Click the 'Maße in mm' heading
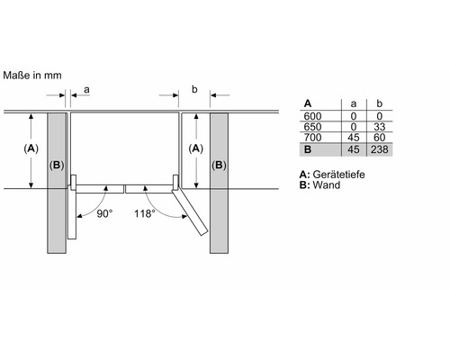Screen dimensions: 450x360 [x=32, y=76]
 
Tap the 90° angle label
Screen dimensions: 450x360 [x=104, y=213]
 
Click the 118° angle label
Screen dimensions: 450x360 [x=145, y=213]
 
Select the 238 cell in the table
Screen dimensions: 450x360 [x=380, y=149]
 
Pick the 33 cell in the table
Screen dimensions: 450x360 [x=380, y=127]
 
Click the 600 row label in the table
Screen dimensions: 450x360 [x=312, y=116]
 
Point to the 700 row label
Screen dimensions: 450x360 [x=312, y=138]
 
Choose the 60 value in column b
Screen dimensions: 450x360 [x=380, y=138]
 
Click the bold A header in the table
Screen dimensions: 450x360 [x=308, y=103]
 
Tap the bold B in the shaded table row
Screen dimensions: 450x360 [x=308, y=149]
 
